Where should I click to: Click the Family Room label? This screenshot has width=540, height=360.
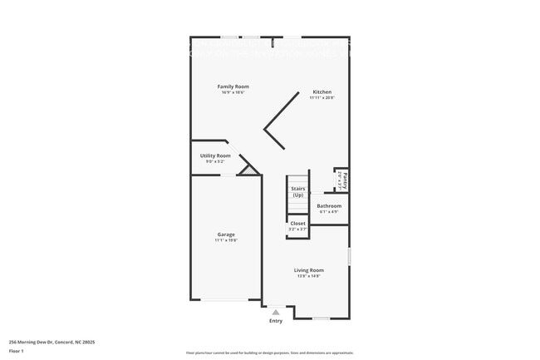(x=233, y=86)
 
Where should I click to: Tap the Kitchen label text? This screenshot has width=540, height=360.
(x=322, y=91)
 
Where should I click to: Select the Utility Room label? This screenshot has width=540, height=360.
(x=215, y=155)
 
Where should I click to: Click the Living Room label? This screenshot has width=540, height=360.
(x=308, y=270)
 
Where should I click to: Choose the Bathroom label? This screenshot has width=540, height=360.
(x=329, y=205)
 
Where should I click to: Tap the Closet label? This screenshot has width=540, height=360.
(x=297, y=223)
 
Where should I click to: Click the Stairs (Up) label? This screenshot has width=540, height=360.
(x=297, y=191)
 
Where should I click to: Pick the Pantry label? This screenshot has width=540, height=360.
(x=344, y=179)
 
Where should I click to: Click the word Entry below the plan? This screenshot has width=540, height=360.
(x=276, y=321)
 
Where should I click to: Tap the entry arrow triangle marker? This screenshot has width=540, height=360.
(x=276, y=312)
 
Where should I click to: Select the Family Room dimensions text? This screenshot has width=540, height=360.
(x=233, y=92)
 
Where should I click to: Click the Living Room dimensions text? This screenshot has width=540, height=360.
(x=308, y=276)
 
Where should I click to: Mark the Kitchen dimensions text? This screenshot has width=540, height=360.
(x=322, y=97)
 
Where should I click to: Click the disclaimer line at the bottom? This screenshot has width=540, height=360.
(x=269, y=353)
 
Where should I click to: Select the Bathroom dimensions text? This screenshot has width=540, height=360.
(x=329, y=211)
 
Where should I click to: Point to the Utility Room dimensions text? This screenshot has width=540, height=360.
(x=215, y=161)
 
